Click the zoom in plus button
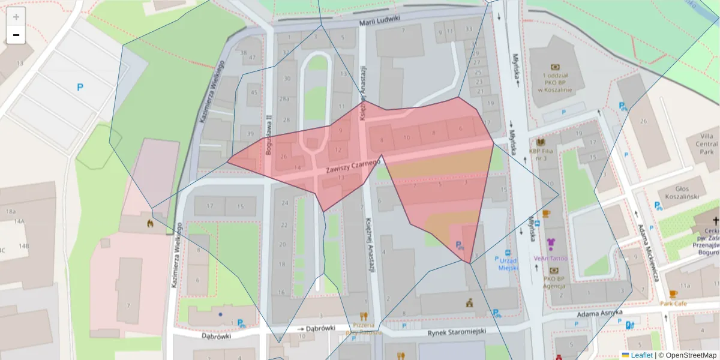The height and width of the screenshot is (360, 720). tap(16, 17)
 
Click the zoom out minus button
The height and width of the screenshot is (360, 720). tap(16, 35)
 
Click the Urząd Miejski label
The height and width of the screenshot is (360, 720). tap(508, 264)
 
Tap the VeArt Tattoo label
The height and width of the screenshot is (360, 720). tap(550, 258)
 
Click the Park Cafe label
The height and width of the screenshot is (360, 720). tap(673, 304)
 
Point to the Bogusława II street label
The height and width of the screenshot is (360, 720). tap(269, 135)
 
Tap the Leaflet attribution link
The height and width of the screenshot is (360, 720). tap(641, 355)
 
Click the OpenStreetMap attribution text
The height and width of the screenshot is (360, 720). tap(687, 355)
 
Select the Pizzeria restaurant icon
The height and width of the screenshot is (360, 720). tap(363, 315)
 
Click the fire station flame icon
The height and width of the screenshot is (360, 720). tap(149, 224)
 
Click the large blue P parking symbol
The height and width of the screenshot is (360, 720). tap(80, 88)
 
